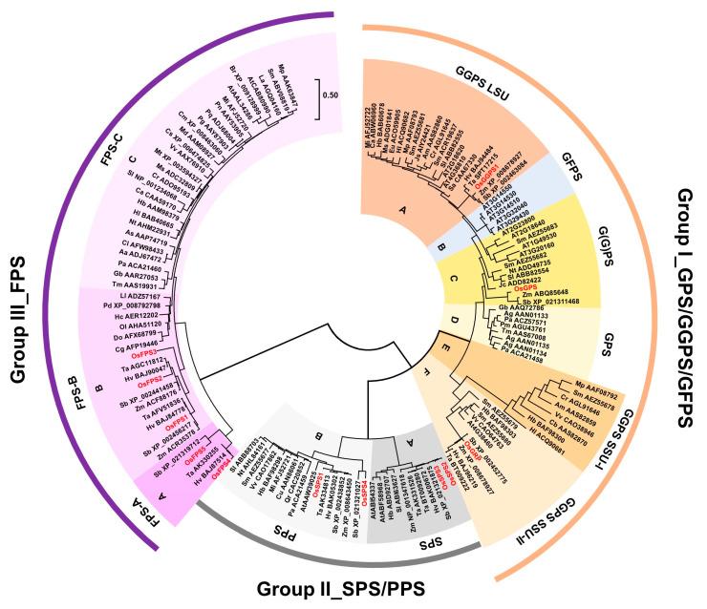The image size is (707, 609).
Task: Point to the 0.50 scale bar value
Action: (333, 95)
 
